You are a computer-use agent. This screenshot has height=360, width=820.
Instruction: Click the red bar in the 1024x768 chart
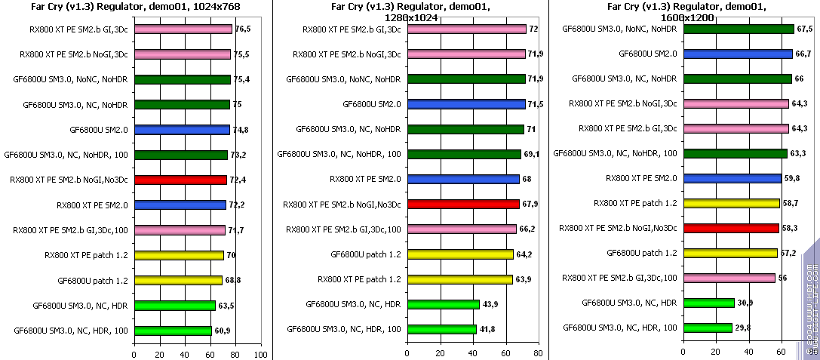click(180, 180)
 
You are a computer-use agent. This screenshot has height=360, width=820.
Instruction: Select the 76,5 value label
click(243, 29)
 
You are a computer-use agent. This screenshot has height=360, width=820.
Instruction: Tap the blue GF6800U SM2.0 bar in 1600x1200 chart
click(738, 54)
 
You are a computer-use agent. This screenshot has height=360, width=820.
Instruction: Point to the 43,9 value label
click(492, 304)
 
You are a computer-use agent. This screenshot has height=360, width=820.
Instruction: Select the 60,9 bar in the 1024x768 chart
click(173, 330)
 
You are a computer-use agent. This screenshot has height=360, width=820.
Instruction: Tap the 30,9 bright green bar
click(708, 303)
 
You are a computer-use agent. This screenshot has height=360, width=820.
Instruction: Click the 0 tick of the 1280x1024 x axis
click(407, 354)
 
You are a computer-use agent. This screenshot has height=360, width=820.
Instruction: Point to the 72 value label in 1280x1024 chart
click(534, 29)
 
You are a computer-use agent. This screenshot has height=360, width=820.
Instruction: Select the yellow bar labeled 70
click(179, 255)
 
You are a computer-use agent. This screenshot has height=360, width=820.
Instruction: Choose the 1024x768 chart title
click(134, 8)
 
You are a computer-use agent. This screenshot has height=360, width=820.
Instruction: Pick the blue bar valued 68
click(463, 179)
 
